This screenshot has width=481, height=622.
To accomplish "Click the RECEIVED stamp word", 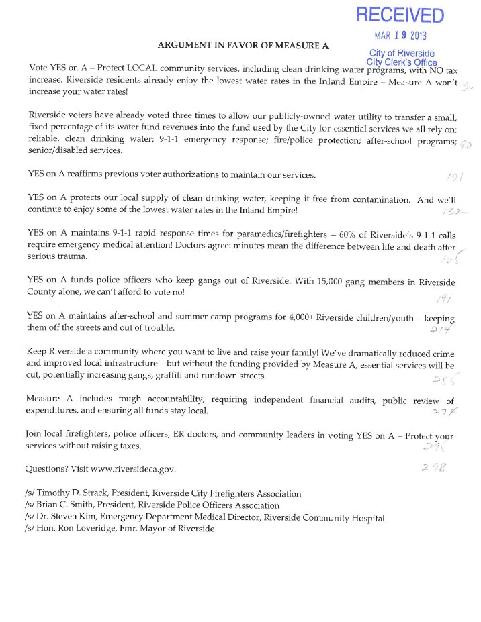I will coord(400,14).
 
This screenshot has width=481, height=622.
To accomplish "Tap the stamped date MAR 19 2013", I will coord(401,35).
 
